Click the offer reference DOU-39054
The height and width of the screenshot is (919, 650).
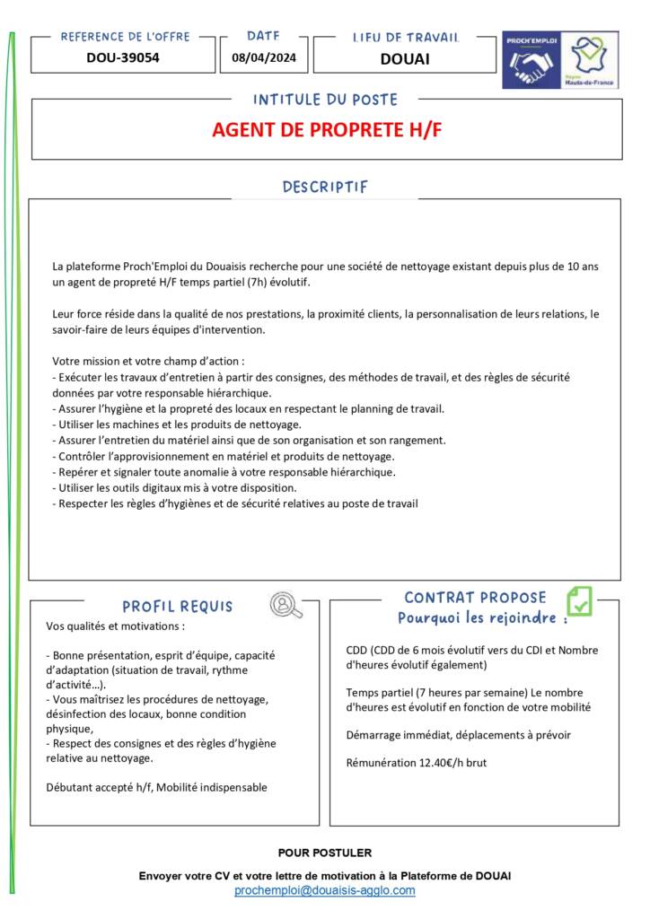(x=123, y=58)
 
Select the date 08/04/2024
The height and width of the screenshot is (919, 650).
(x=263, y=58)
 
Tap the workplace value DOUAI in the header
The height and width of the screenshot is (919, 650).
(x=404, y=59)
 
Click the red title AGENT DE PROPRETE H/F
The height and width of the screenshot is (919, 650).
(x=327, y=130)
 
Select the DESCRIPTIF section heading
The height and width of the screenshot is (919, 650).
(x=325, y=187)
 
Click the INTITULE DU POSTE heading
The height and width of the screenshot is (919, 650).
(x=325, y=100)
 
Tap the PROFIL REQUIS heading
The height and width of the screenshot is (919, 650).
(x=178, y=607)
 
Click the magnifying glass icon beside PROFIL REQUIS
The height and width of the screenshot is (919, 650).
(x=285, y=606)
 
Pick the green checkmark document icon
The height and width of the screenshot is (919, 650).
(x=579, y=600)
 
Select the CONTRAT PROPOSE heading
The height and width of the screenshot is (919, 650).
(x=475, y=598)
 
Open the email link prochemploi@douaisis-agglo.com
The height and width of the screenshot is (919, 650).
(x=325, y=890)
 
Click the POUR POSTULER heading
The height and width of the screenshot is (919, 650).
(x=325, y=853)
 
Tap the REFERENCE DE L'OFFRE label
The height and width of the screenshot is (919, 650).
(x=125, y=37)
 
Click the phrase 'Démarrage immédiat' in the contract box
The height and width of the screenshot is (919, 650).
(x=397, y=735)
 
